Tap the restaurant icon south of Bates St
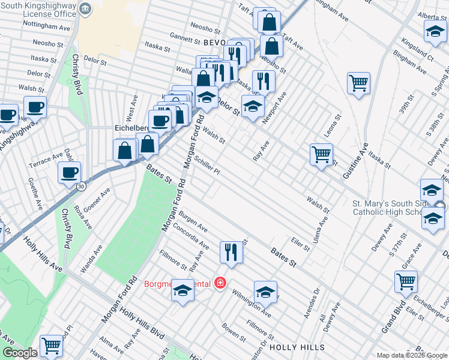(x=231, y=253)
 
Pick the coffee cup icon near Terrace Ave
(x=69, y=173)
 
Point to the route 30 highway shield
(x=81, y=186)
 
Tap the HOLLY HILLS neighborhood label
(x=297, y=347)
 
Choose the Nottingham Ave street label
(x=46, y=27)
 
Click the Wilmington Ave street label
(x=252, y=304)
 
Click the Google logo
(x=20, y=353)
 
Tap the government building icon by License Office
(x=85, y=9)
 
